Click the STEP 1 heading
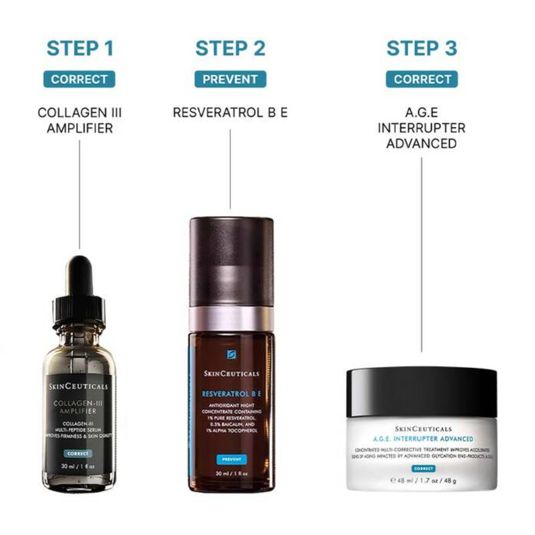click(x=80, y=49)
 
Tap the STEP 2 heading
click(x=230, y=49)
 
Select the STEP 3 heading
click(x=422, y=49)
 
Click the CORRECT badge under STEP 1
click(x=79, y=79)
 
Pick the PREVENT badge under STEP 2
click(x=230, y=79)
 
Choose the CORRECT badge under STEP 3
click(x=422, y=79)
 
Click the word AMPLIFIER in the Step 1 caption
click(x=80, y=128)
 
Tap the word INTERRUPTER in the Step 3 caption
click(x=422, y=128)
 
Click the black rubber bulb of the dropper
click(x=80, y=275)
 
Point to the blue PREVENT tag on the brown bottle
click(x=231, y=459)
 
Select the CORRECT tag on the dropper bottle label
click(x=78, y=453)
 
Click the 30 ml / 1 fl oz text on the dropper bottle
click(x=78, y=466)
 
